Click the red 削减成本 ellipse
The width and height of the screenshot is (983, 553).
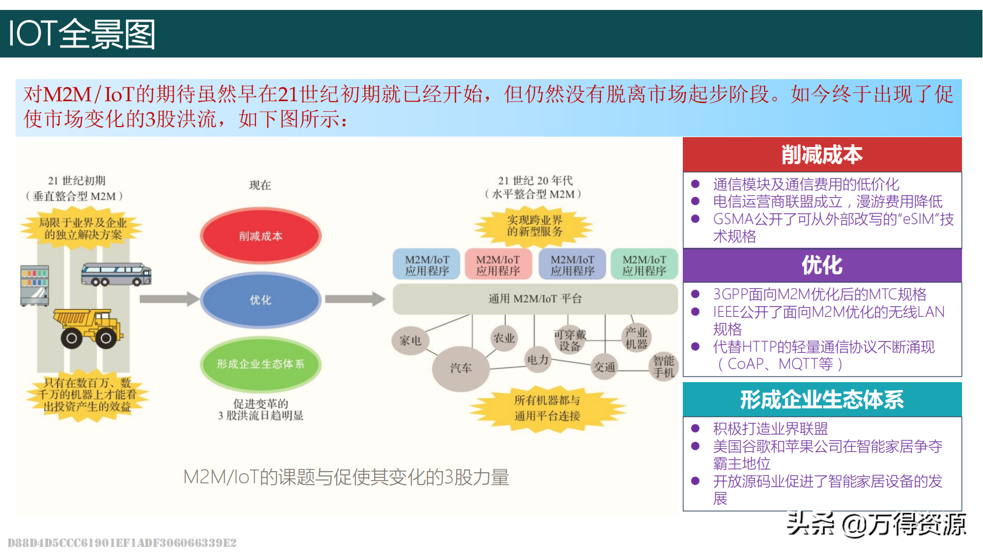[x=260, y=236]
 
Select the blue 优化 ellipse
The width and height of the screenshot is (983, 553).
[x=260, y=300]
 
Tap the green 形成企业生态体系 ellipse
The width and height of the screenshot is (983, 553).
[x=260, y=364]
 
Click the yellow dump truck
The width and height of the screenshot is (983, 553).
[x=88, y=328]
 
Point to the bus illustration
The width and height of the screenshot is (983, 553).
[x=116, y=274]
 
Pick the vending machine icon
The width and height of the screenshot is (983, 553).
[x=35, y=285]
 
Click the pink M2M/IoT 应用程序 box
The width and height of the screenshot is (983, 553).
[x=498, y=265]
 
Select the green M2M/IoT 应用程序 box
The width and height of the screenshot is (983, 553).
[x=644, y=265]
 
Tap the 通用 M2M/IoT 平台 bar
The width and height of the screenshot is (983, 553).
[x=535, y=299]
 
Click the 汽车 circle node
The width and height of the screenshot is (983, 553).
[x=461, y=368]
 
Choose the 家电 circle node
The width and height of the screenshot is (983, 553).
[x=410, y=341]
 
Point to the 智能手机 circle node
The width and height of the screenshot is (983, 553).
[x=663, y=366]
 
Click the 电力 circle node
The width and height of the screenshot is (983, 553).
[x=538, y=359]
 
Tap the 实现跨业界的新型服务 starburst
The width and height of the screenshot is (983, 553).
[x=534, y=226]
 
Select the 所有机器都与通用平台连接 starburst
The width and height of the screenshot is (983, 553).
[x=547, y=408]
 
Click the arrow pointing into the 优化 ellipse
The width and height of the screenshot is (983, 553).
[x=169, y=299]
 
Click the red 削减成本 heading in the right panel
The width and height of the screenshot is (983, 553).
[x=822, y=155]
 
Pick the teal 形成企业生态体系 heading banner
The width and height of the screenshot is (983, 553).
[x=822, y=399]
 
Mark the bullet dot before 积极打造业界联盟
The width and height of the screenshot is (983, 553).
[x=696, y=428]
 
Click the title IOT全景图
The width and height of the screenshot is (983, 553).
[x=82, y=34]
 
